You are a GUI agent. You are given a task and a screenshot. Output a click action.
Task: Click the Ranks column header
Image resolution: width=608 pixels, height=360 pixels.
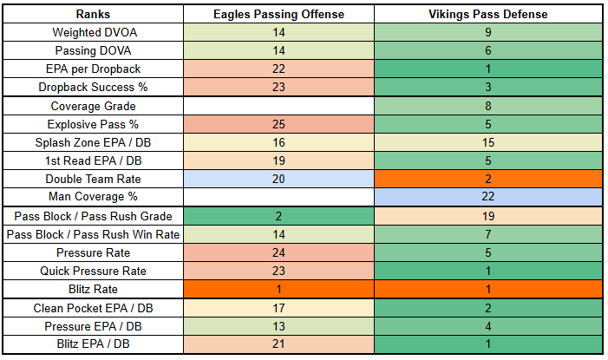(89, 14)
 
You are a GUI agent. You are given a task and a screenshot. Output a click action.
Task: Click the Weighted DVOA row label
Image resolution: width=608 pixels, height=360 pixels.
(89, 32)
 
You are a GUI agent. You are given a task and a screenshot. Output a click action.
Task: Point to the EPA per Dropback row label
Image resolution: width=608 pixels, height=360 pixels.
(89, 69)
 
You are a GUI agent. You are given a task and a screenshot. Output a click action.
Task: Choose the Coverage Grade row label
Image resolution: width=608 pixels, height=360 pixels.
(89, 106)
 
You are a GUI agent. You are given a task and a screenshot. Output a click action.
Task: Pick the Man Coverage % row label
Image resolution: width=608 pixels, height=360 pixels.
(89, 197)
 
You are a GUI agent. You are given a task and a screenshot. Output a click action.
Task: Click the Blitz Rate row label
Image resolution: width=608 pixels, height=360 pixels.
(89, 289)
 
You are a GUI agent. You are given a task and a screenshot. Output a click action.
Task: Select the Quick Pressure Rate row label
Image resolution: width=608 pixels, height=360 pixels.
(89, 271)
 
